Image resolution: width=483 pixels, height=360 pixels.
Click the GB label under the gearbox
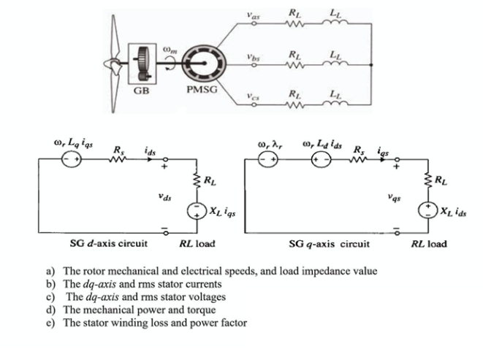[x=142, y=91]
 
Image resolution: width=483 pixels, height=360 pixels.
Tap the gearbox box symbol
[x=142, y=64]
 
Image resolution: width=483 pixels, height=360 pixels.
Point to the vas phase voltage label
[x=251, y=14]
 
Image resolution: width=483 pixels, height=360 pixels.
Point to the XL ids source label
[x=455, y=211]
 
